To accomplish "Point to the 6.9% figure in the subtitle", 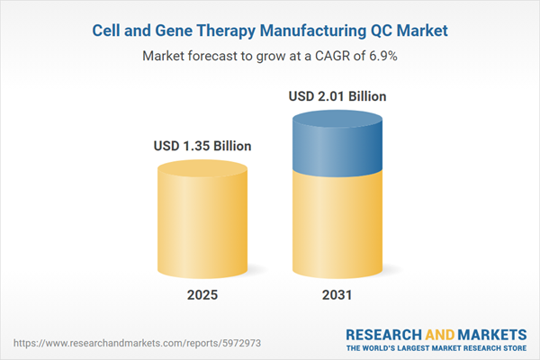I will pos(382,55).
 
